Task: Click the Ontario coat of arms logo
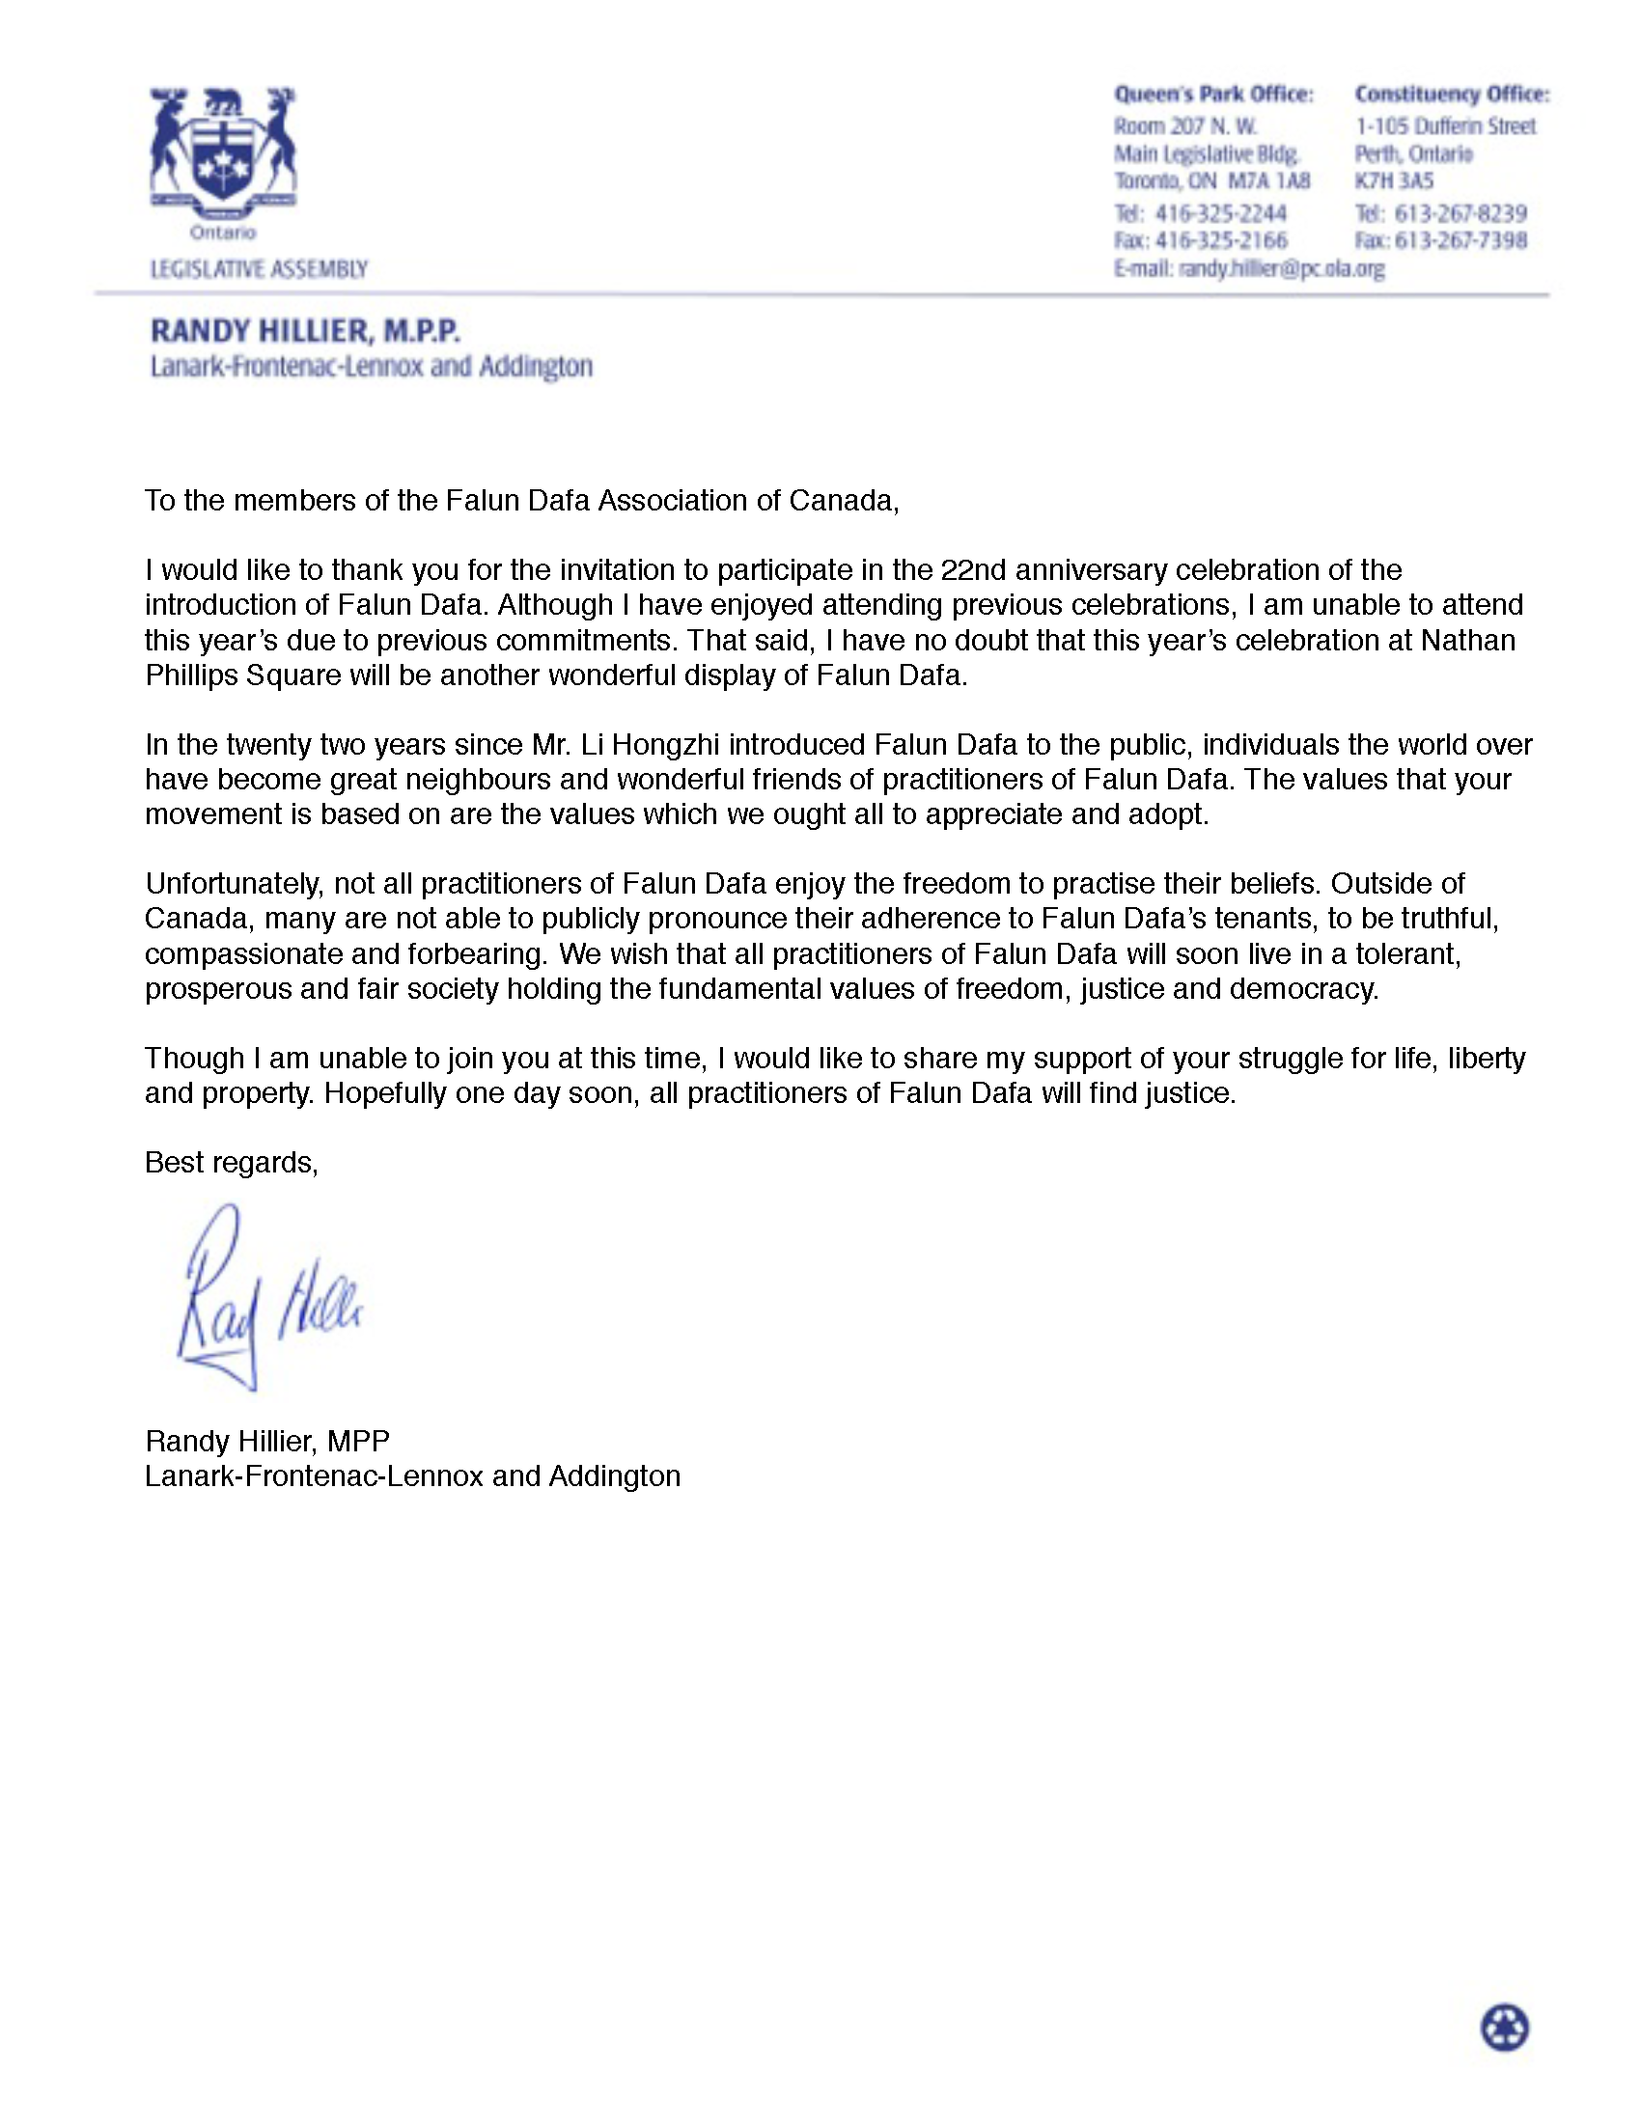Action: click(x=223, y=155)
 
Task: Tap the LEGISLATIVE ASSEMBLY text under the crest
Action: click(x=259, y=269)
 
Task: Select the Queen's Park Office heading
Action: click(x=1213, y=95)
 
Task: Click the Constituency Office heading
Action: click(x=1452, y=95)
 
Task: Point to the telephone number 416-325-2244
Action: click(x=1220, y=213)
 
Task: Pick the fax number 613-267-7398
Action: click(x=1460, y=240)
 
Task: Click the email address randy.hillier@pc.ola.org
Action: click(x=1280, y=268)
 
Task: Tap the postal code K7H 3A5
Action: click(x=1394, y=180)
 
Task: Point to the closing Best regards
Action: click(x=232, y=1163)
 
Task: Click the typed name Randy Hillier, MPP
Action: click(x=267, y=1441)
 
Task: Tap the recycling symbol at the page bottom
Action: click(x=1504, y=2028)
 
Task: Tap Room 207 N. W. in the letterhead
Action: click(x=1185, y=126)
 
